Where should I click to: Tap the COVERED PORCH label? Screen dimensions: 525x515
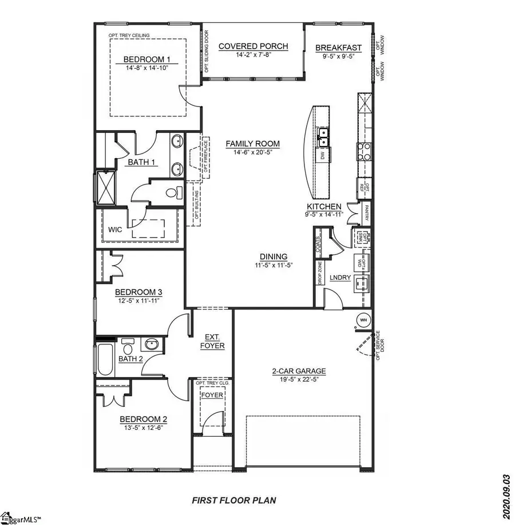(252, 46)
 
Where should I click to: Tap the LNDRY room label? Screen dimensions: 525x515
(340, 278)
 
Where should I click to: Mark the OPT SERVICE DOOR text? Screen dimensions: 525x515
(377, 344)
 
